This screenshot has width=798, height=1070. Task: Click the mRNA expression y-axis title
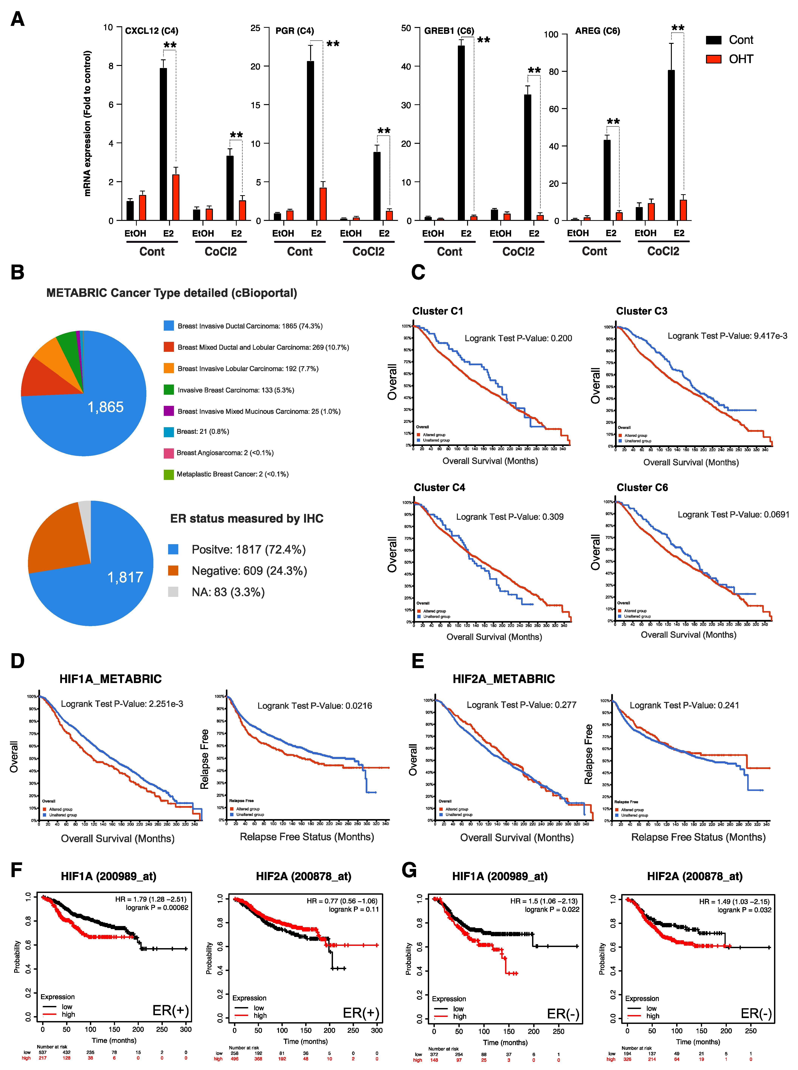[87, 123]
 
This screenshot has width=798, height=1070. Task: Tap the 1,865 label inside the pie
[105, 407]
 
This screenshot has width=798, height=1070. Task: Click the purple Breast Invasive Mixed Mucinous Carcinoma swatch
[169, 411]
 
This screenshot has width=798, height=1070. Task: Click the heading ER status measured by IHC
[246, 519]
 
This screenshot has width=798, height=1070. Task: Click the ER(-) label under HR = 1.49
[756, 1014]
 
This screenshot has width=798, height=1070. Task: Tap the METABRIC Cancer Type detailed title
[171, 293]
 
